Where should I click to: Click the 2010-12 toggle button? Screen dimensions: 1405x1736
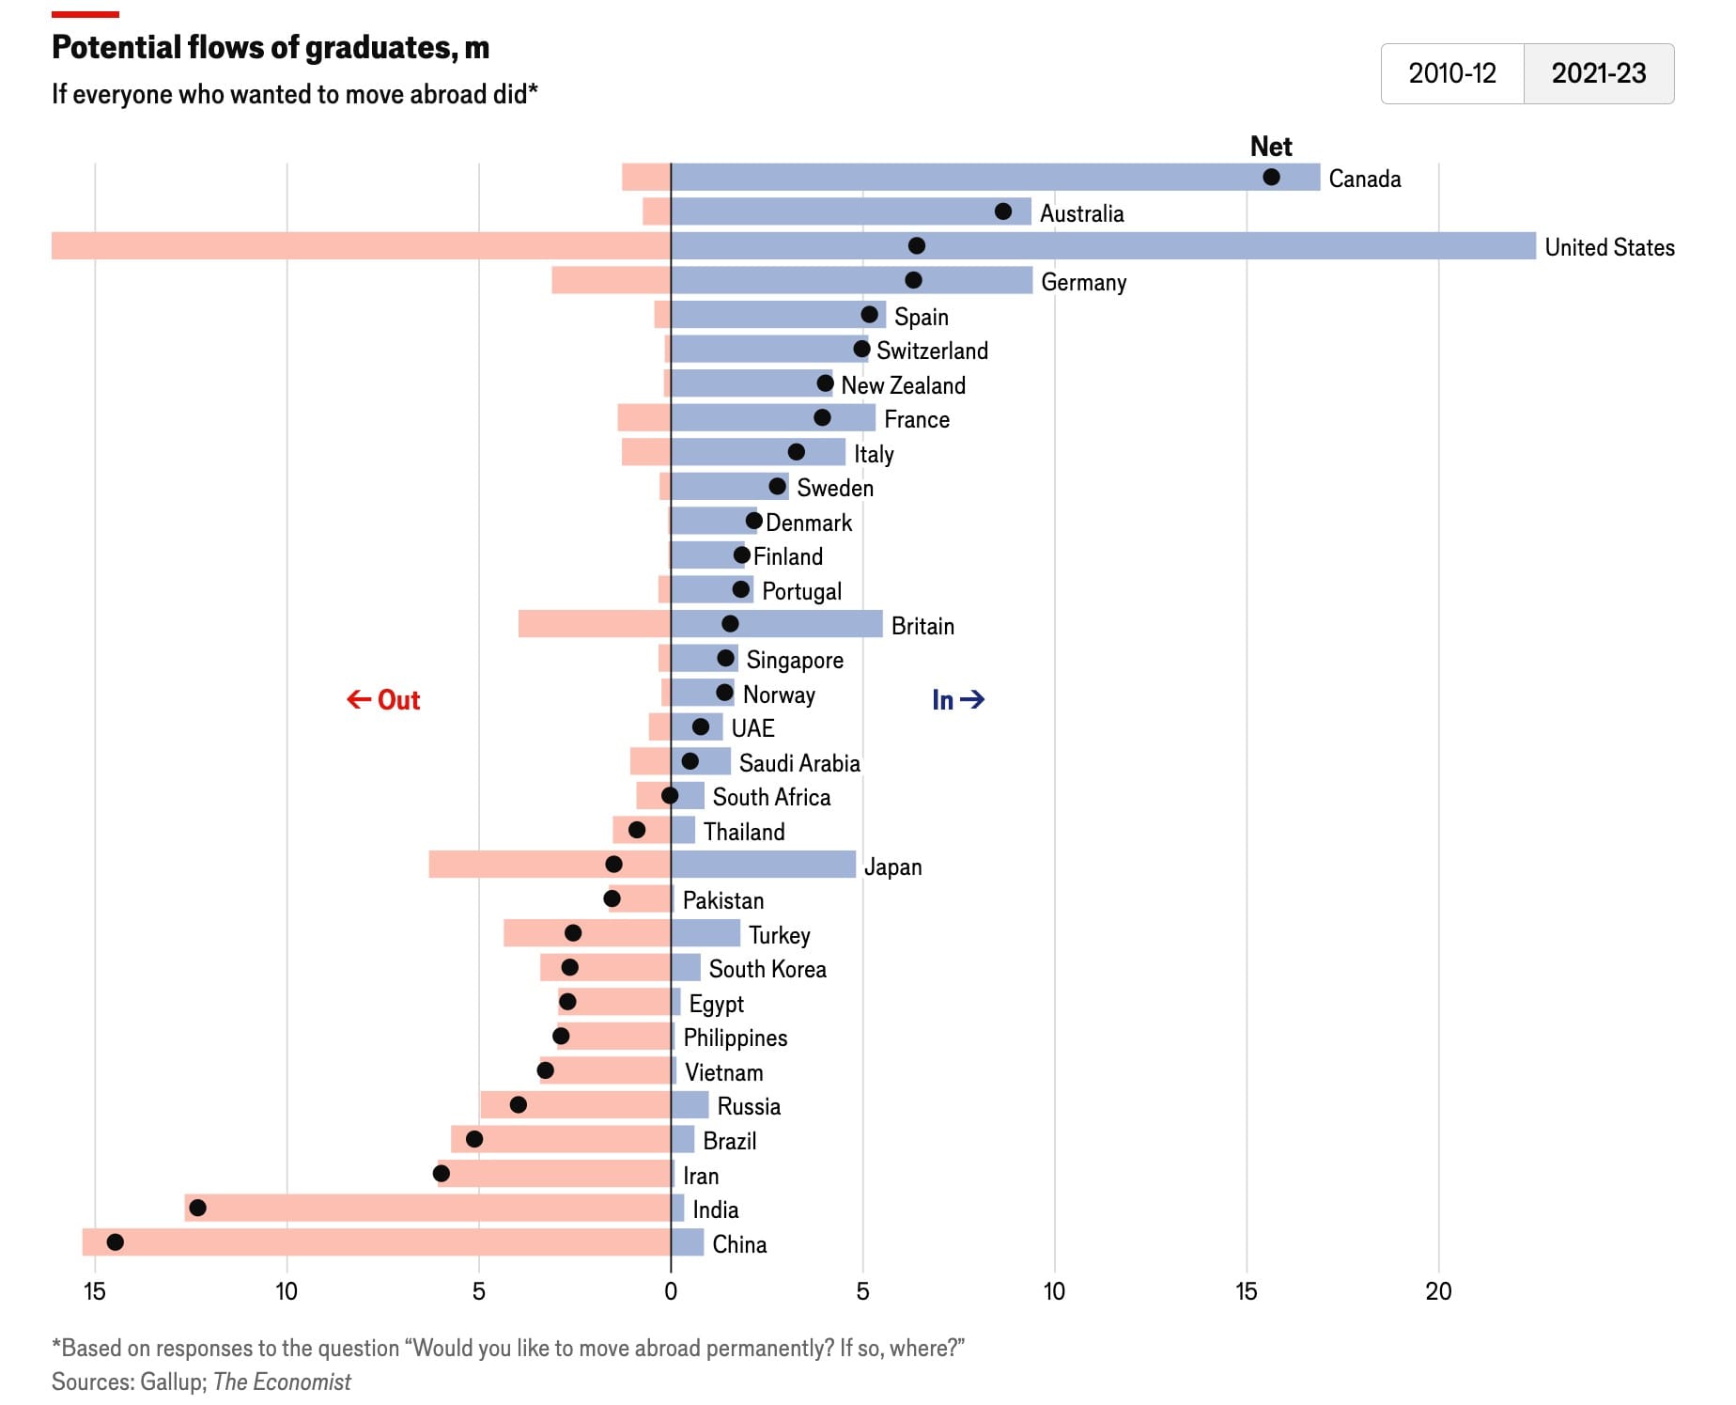click(x=1451, y=73)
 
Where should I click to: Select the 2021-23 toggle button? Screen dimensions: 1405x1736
click(x=1598, y=73)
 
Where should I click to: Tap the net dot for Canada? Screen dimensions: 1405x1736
click(x=1271, y=177)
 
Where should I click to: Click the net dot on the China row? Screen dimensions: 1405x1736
click(x=115, y=1242)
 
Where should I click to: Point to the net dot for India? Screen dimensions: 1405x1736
click(x=197, y=1208)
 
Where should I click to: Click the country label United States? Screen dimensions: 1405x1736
click(x=1609, y=247)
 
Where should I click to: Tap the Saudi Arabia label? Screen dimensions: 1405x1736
click(x=799, y=763)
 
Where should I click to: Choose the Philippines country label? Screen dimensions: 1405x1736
click(x=735, y=1038)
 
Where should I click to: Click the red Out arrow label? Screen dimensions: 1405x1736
click(x=383, y=700)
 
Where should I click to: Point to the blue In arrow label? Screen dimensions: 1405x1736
click(x=957, y=700)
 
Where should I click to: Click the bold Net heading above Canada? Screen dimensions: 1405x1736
click(x=1271, y=147)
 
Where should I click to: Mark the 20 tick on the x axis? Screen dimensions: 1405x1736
click(x=1437, y=1291)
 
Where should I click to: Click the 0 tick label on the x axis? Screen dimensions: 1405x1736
click(x=670, y=1291)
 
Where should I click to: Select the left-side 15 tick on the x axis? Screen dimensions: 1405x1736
click(x=95, y=1291)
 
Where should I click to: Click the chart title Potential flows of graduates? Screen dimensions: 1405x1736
click(x=271, y=47)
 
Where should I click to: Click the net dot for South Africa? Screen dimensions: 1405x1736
click(x=670, y=796)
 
